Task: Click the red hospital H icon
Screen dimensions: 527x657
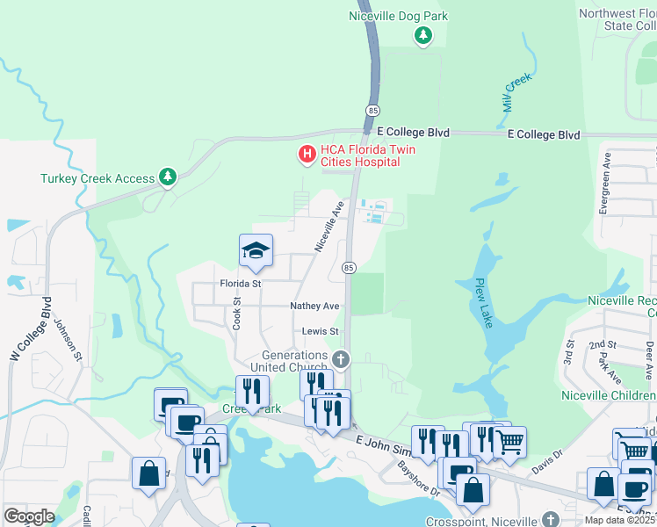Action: pyautogui.click(x=307, y=155)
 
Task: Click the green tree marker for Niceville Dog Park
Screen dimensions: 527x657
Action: pyautogui.click(x=423, y=35)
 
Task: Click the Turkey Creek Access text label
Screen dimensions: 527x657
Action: pyautogui.click(x=97, y=178)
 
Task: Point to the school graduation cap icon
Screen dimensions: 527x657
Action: pyautogui.click(x=255, y=251)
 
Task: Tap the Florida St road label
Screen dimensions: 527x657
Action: pyautogui.click(x=240, y=284)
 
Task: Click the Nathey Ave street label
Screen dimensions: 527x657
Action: pyautogui.click(x=314, y=306)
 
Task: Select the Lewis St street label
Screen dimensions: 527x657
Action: pyautogui.click(x=321, y=331)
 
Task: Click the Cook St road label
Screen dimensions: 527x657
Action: pyautogui.click(x=237, y=313)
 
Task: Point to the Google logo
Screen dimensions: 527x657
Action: pyautogui.click(x=30, y=516)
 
